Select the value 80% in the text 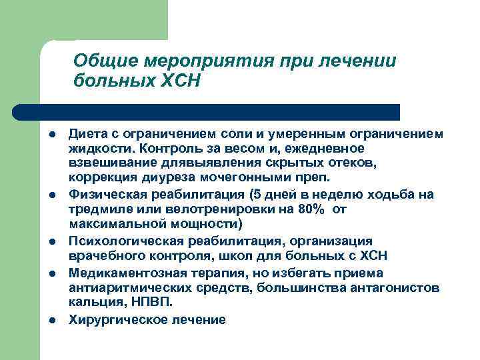(313, 209)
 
